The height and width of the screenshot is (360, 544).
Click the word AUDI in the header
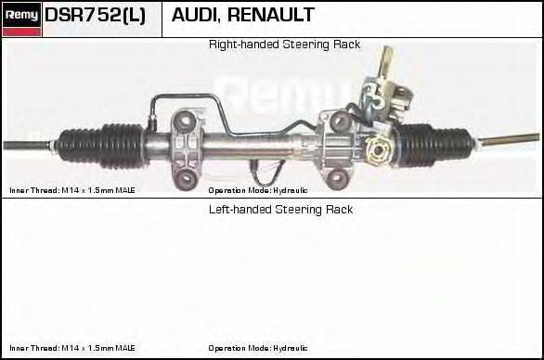click(199, 16)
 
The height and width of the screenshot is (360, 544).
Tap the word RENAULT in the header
click(275, 16)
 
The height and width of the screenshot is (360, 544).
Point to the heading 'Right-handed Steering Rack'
click(284, 45)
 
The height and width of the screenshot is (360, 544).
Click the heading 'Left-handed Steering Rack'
click(280, 210)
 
